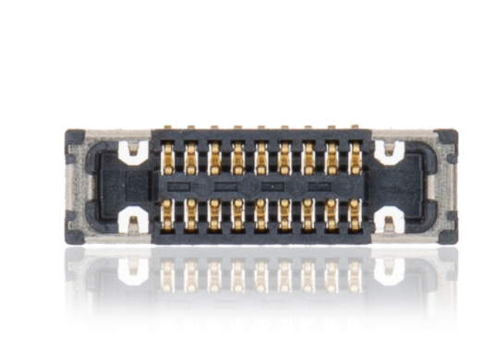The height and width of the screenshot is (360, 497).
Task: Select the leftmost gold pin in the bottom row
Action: (x=167, y=214)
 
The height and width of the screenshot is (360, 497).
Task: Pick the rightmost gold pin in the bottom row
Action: (x=356, y=214)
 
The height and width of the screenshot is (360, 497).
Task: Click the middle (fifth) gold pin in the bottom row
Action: (x=261, y=214)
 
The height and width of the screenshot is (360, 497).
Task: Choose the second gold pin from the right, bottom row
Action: (x=332, y=214)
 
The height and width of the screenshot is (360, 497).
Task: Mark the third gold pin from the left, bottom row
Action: (x=214, y=214)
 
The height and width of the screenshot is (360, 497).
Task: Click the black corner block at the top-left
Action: (x=74, y=138)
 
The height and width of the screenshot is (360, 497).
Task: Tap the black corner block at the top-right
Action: (x=448, y=138)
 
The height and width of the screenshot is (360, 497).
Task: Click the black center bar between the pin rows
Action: (x=261, y=186)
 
